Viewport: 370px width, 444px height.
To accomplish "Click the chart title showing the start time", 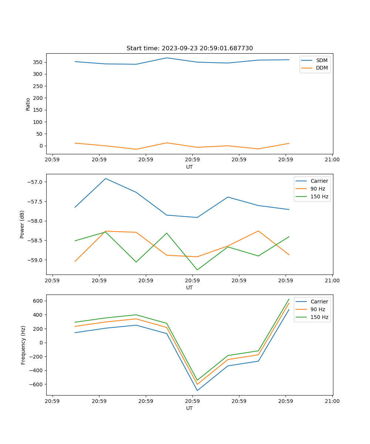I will tap(189, 48).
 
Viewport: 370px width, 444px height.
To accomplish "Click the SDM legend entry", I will tap(322, 60).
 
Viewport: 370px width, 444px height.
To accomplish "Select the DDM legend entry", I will tap(322, 68).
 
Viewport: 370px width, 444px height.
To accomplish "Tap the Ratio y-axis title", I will tap(28, 104).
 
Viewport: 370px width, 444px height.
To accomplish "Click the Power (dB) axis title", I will tap(22, 224).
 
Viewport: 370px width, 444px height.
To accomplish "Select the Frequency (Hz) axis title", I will tap(23, 345).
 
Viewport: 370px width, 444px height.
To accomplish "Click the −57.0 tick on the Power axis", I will tap(36, 182).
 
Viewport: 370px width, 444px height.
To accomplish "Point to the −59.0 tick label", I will tap(36, 260).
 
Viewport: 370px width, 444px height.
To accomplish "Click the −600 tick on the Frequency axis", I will tap(37, 384).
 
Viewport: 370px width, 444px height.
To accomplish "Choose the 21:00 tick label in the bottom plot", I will tap(332, 401).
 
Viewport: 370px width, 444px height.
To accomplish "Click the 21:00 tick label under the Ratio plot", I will tap(332, 160).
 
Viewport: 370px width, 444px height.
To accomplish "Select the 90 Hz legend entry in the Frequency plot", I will tap(318, 309).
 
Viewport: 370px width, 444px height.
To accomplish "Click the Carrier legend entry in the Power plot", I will tap(319, 181).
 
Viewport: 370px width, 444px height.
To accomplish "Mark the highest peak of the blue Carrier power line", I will tap(106, 178).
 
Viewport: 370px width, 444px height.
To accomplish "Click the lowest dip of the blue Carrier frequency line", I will tap(197, 390).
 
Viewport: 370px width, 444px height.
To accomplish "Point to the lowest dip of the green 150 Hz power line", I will tap(197, 270).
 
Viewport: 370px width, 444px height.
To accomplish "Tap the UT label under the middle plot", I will tap(189, 287).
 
